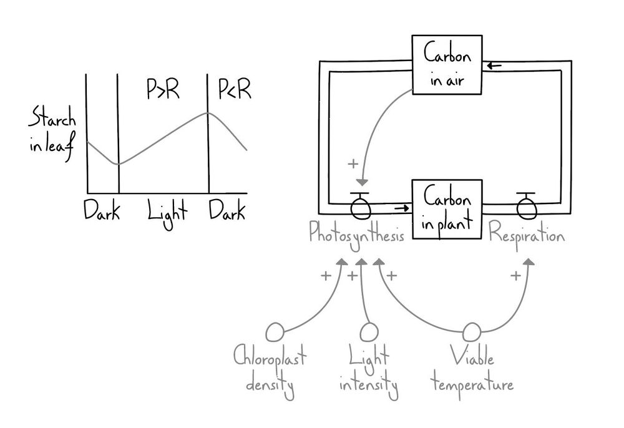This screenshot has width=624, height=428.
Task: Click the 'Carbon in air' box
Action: (447, 65)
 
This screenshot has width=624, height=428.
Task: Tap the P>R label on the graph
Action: (163, 91)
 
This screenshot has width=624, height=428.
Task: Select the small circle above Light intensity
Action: (369, 331)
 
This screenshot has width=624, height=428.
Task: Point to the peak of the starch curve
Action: (208, 112)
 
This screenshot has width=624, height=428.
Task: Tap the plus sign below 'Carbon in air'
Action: (353, 164)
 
